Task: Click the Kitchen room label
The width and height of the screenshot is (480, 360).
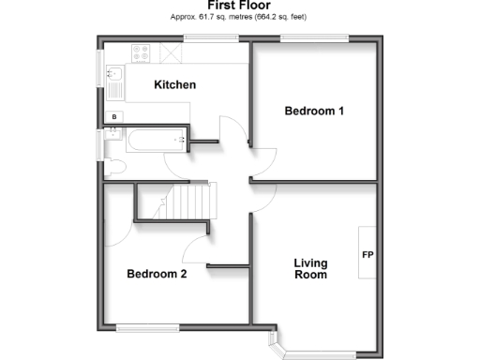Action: (x=174, y=85)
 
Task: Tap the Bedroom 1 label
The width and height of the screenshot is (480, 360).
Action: (x=314, y=112)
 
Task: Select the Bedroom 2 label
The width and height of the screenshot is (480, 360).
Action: (x=157, y=275)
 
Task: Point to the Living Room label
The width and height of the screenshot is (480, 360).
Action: (x=310, y=269)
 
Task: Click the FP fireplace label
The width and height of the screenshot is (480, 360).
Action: (x=367, y=254)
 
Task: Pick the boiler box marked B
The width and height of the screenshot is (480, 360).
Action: (x=115, y=116)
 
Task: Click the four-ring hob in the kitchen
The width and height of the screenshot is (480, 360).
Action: (x=143, y=54)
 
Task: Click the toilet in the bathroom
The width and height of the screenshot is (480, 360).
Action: (x=113, y=168)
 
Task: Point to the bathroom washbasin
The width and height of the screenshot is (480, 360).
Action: (x=113, y=133)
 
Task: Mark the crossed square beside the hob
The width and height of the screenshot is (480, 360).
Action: (x=172, y=54)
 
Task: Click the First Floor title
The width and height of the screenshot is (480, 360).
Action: (x=239, y=6)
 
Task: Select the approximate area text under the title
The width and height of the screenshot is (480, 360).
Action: (x=239, y=18)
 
